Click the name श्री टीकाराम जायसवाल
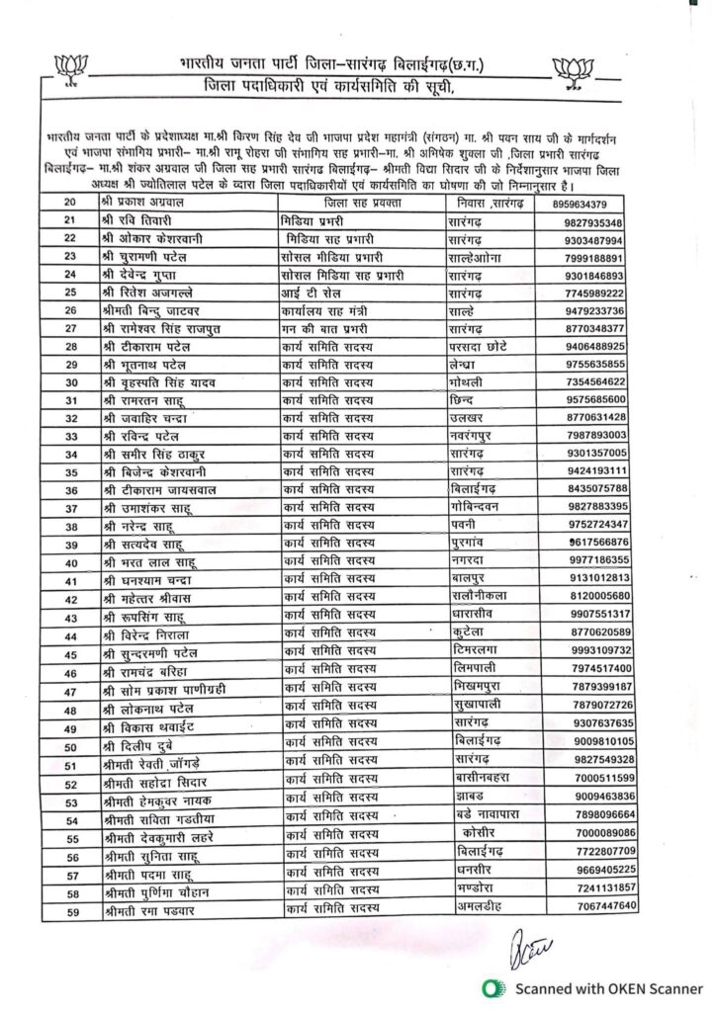(158, 489)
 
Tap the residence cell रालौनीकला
(486, 596)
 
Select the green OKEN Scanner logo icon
(490, 987)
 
